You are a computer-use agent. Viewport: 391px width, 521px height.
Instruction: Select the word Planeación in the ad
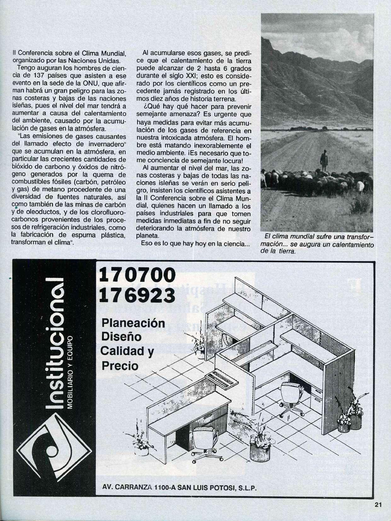tap(133, 323)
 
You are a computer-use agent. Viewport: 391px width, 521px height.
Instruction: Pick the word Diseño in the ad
tap(121, 337)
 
